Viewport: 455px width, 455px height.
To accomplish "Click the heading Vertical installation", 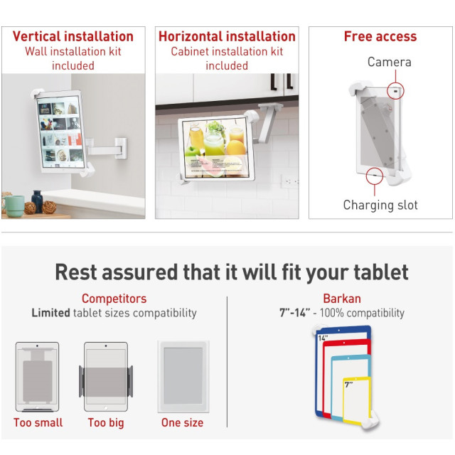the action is point(73,36).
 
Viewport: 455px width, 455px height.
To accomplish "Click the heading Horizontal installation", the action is point(227,36).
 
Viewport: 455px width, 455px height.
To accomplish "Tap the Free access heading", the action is point(380,36).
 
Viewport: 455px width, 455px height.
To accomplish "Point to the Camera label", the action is point(389,62).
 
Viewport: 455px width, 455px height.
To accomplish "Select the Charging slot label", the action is point(380,205).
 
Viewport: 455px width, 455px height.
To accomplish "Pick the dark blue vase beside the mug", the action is point(37,201).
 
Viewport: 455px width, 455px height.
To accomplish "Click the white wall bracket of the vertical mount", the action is point(121,149).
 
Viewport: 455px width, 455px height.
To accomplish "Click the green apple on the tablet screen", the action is point(193,151).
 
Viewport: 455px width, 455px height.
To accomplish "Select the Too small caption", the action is point(38,422).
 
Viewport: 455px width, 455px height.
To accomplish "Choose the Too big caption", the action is point(106,423).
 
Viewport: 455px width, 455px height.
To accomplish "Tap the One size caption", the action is point(182,422).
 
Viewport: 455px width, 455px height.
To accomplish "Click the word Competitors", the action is point(114,299).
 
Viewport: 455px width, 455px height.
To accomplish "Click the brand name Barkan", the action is point(342,299).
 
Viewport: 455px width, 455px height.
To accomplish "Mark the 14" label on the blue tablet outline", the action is point(323,338).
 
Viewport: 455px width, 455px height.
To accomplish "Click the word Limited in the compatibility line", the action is point(50,313).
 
